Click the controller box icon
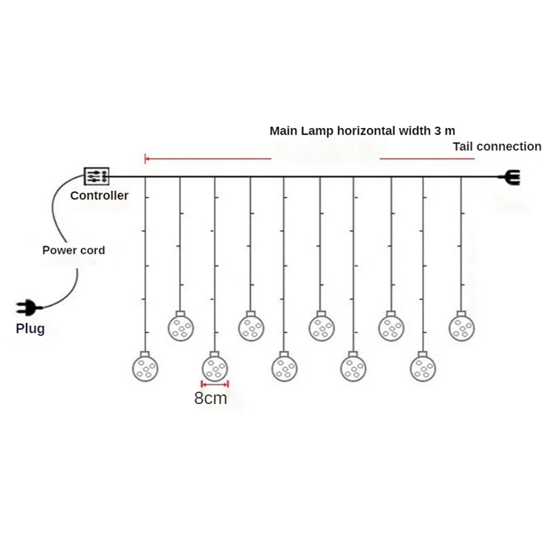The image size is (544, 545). [95, 177]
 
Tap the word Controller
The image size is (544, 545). [99, 196]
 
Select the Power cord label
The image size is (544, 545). [73, 250]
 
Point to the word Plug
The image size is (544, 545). [30, 329]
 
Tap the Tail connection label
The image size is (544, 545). [497, 146]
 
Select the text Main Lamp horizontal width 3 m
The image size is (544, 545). [362, 131]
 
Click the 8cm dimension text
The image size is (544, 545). [211, 399]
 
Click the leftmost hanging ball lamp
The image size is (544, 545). [145, 367]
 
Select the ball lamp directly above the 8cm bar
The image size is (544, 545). [215, 367]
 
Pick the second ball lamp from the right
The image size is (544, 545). [422, 367]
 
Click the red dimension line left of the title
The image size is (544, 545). [208, 159]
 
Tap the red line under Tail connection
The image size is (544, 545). [426, 159]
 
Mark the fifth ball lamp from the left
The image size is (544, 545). [284, 367]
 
